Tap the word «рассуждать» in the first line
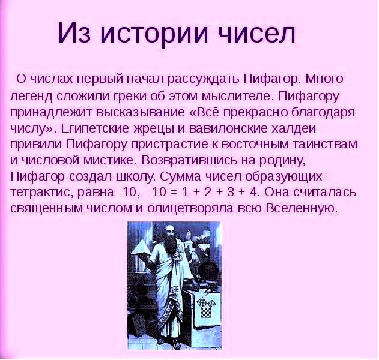tap(205, 80)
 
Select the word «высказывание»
tap(141, 112)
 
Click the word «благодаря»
tap(323, 113)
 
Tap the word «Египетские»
tap(96, 128)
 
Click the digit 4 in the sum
tap(253, 193)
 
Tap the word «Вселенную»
tap(301, 208)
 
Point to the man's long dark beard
tap(172, 244)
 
